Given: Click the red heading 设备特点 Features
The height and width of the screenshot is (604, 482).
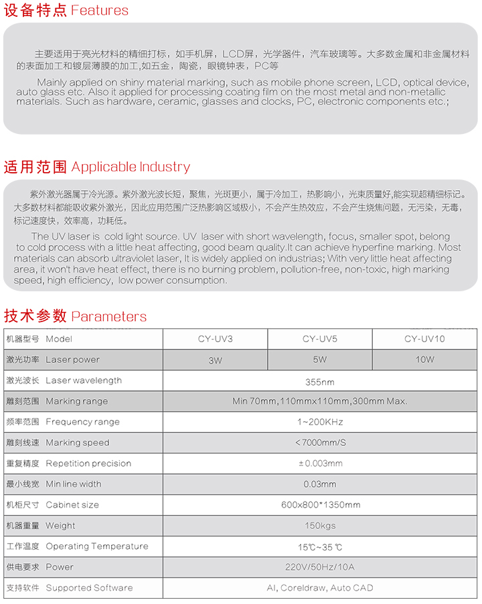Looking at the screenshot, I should point(66,11).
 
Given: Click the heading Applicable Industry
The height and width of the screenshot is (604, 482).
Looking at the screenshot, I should point(96,167).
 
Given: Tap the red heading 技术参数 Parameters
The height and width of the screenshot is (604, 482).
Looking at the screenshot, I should point(75,316).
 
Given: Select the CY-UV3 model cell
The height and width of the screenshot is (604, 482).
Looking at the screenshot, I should point(215,339).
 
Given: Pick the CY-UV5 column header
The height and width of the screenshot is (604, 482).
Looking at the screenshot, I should point(319,339).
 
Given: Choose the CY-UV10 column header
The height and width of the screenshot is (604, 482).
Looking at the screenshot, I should point(424,339).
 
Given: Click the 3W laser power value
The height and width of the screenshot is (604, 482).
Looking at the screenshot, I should point(215,360).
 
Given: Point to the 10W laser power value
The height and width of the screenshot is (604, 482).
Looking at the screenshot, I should point(424,360).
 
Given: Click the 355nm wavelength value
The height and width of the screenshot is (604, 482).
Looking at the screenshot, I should point(319,382).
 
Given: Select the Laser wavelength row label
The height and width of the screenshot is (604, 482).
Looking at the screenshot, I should point(64,380).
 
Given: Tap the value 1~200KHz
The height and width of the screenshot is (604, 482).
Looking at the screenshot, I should point(319,423).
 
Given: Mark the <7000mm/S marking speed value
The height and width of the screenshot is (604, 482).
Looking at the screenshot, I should point(319,443).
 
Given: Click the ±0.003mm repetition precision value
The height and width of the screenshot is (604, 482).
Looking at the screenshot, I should point(319,463).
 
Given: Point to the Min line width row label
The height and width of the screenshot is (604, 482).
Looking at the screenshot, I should point(54,484).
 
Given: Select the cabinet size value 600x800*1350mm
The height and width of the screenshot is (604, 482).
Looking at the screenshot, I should point(319,505).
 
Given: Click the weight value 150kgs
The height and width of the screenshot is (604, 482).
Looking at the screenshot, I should point(319,526).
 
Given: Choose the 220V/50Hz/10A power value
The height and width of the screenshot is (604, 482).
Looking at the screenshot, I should point(319,567).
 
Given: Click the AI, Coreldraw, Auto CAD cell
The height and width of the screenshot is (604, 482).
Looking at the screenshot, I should point(319,588).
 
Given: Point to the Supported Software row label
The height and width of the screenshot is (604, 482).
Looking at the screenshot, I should point(70,588).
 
